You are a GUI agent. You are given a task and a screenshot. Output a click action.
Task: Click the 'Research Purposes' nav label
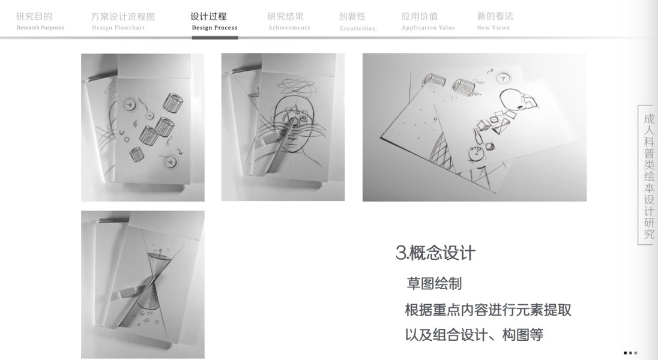point(40,28)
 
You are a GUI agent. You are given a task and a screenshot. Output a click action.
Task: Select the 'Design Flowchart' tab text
point(118,28)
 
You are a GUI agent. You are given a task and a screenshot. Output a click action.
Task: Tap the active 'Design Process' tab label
point(214,28)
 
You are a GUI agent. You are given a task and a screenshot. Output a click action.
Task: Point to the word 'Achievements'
point(289,28)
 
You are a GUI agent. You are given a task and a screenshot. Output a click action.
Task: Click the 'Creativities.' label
point(358,29)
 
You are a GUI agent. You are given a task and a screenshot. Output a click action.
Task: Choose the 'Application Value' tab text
point(428,28)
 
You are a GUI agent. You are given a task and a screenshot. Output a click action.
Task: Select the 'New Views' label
point(493,28)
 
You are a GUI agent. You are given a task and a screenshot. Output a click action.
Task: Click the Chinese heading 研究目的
point(34,16)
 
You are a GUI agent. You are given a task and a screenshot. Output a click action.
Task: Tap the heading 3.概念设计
point(435,253)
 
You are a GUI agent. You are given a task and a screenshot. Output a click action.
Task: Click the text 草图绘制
point(434,284)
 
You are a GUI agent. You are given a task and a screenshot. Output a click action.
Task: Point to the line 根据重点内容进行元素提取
point(488,310)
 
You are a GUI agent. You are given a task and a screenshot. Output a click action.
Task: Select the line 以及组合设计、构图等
point(474,335)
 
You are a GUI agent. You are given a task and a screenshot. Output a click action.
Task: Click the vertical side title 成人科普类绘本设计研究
point(649,176)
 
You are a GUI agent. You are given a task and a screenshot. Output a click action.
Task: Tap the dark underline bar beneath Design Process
point(215,38)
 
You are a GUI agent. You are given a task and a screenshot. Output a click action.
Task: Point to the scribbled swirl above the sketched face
point(297,86)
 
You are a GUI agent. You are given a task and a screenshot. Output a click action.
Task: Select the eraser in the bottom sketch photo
point(124,293)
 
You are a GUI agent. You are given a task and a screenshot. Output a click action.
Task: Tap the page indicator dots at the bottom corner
point(630,353)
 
